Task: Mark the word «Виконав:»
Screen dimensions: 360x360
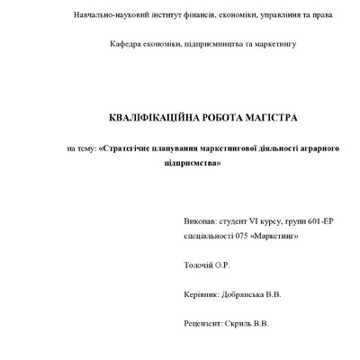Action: [x=199, y=219]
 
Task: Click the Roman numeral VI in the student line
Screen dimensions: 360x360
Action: [x=255, y=219]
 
